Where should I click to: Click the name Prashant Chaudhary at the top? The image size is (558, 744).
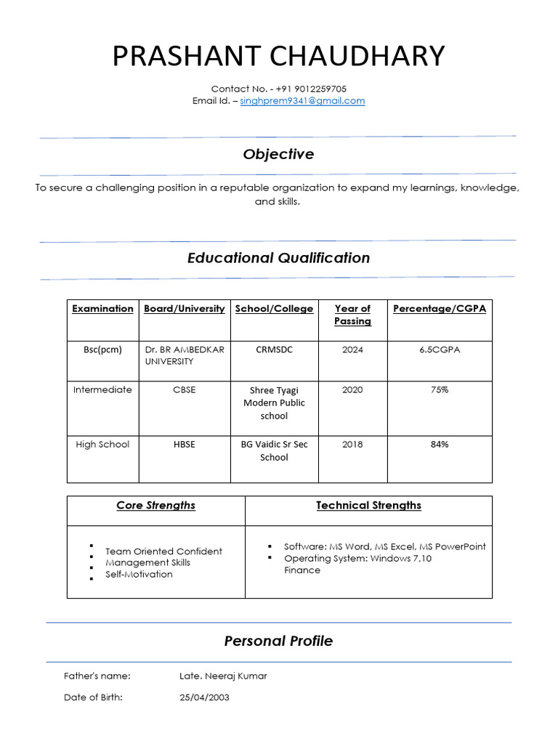click(x=278, y=56)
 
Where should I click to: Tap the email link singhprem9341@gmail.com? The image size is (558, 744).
click(x=302, y=101)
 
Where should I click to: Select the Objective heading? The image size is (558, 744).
click(x=278, y=154)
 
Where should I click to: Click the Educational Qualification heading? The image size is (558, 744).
click(x=278, y=258)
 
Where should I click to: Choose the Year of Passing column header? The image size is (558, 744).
click(x=352, y=315)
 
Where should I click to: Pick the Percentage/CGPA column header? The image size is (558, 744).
click(x=440, y=309)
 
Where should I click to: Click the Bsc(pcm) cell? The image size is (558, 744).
click(x=102, y=349)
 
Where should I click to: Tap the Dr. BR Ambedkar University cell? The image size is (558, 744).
click(x=185, y=355)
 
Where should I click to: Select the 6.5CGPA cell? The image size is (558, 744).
click(x=440, y=349)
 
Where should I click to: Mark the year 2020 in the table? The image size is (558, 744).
click(x=352, y=389)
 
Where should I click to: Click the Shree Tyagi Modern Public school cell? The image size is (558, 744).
click(x=274, y=403)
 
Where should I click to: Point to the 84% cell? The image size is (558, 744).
click(x=440, y=444)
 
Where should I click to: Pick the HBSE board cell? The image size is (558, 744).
click(x=185, y=444)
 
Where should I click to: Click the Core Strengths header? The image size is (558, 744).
click(x=155, y=506)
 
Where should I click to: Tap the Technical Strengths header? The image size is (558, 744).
click(x=368, y=506)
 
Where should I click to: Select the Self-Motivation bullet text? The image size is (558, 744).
click(x=139, y=574)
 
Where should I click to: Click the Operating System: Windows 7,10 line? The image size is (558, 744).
click(x=357, y=559)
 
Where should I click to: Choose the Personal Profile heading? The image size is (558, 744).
click(x=278, y=641)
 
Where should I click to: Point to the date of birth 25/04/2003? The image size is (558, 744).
click(x=204, y=697)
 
